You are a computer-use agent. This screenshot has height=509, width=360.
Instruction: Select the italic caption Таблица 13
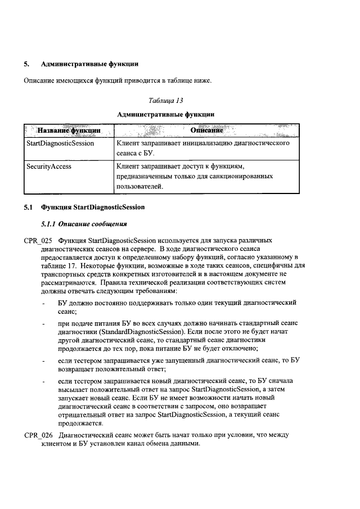[166, 101]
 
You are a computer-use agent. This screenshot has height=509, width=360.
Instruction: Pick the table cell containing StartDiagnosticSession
[60, 143]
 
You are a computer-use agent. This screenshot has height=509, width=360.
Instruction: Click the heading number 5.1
[29, 207]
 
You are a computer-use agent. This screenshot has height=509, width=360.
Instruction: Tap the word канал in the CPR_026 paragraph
[121, 444]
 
